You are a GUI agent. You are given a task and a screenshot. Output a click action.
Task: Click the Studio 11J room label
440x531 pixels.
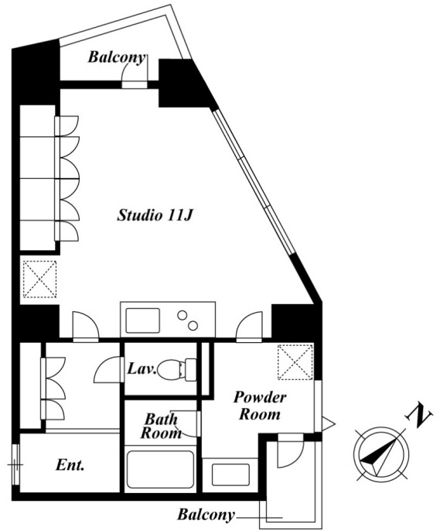pos(155,215)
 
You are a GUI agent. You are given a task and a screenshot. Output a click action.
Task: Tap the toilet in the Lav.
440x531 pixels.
pos(176,370)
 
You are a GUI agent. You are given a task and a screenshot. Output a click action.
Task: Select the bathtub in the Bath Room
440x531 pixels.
pos(160,469)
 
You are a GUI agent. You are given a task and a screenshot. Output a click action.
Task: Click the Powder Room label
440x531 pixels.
pos(260,406)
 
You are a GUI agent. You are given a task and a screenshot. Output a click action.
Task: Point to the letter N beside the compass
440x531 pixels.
pos(419,415)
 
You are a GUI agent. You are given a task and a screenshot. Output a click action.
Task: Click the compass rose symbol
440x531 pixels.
pos(380,454)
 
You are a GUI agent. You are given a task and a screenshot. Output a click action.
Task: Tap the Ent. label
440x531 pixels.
pos(70,465)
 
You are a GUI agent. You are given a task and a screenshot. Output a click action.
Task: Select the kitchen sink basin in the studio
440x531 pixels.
pos(142,320)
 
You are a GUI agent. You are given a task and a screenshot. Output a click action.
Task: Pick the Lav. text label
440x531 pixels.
pos(142,368)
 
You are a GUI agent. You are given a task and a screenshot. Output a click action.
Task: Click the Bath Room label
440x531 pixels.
pos(161,426)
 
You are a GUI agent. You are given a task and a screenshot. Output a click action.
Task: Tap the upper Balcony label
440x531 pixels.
pos(117,57)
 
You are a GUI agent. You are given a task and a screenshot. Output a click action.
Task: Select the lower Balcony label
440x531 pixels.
pos(206,515)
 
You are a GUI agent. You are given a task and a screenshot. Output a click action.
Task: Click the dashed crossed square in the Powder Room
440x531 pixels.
pos(295,362)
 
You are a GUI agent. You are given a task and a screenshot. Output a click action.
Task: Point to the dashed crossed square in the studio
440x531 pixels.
pos(39,279)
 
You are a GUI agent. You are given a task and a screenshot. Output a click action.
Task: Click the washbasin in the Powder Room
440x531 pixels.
pos(230,474)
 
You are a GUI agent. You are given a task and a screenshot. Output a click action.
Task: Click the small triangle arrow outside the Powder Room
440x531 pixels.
pos(328,423)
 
